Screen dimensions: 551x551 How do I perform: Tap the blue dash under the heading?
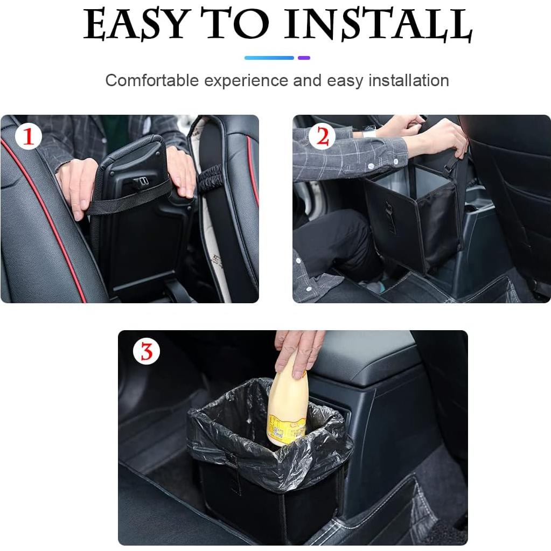(x=269, y=58)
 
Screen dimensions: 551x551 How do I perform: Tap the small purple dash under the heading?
(x=304, y=58)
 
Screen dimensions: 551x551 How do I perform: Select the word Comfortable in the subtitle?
(x=152, y=81)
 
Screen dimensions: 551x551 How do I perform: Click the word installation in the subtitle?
(x=408, y=81)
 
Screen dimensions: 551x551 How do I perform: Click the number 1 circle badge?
(x=28, y=137)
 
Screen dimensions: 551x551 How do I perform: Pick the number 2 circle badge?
(x=322, y=137)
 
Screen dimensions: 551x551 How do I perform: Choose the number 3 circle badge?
(x=147, y=352)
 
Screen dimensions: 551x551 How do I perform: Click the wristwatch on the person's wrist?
(x=370, y=131)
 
